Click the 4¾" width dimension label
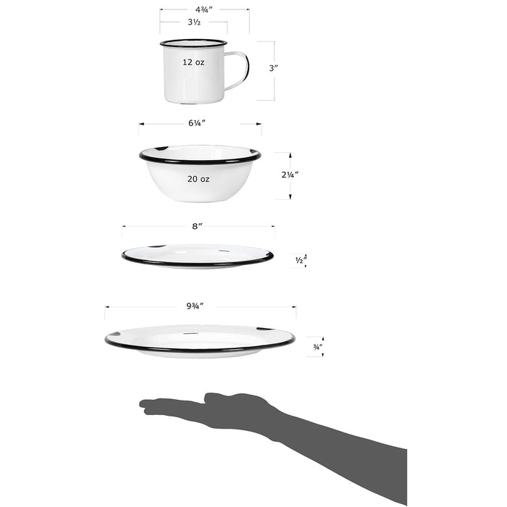point(204,10)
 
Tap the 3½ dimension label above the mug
point(193,22)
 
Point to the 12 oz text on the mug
point(193,62)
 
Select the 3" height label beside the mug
point(273,68)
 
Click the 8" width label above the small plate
point(197,227)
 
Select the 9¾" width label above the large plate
point(195,306)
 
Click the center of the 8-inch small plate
point(197,255)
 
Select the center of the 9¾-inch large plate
point(199,339)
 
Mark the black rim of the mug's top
point(193,43)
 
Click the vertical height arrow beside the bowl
point(290,175)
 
